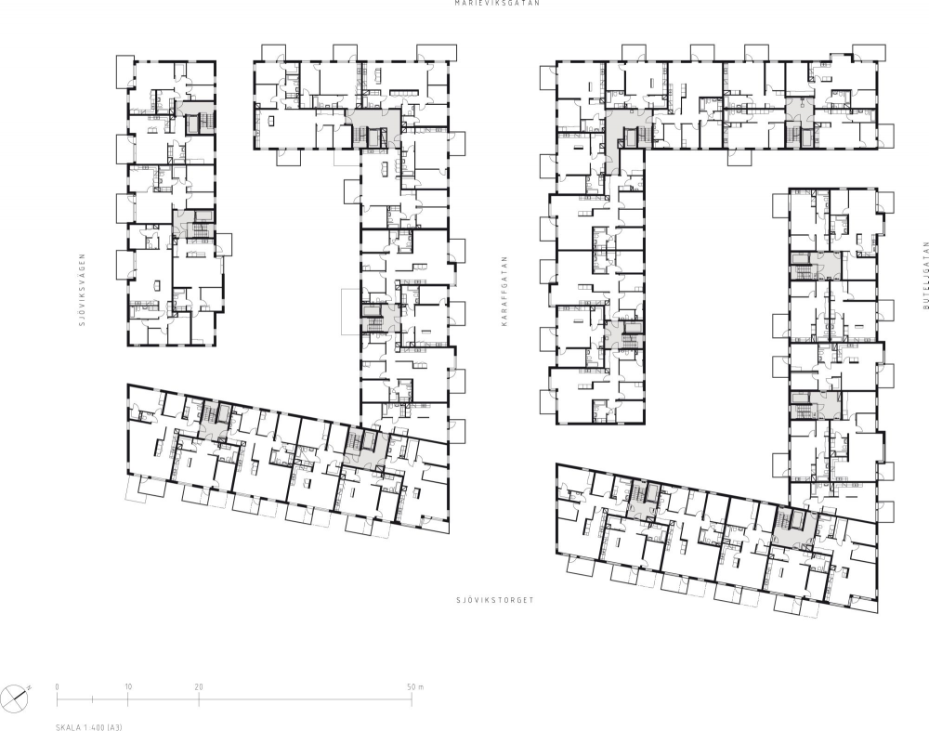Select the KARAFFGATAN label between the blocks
[504, 291]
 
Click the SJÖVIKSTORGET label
[495, 600]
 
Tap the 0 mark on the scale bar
[58, 687]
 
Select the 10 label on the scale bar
[128, 687]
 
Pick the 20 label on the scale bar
[199, 687]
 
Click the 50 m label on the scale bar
[415, 687]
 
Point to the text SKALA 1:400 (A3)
[89, 727]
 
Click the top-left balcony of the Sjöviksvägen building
[125, 72]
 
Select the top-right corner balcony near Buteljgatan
[870, 52]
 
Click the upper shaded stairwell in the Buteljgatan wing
[815, 266]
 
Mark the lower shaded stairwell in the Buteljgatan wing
[815, 405]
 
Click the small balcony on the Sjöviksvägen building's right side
[224, 244]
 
